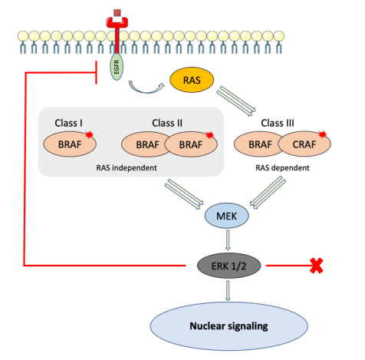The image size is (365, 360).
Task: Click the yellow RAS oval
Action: point(192,80)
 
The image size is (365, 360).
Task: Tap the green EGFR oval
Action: point(117,67)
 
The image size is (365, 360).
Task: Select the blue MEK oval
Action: point(226,216)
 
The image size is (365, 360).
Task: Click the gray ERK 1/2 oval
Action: point(229,266)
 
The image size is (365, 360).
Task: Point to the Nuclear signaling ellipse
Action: point(229,326)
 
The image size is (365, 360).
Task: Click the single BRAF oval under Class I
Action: point(70,144)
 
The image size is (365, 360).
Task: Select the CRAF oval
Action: point(304,144)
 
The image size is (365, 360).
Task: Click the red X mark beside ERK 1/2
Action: point(317,266)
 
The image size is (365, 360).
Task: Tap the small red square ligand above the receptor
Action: point(117,13)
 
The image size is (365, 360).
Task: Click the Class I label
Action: point(68,123)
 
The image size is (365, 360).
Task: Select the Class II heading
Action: point(167,123)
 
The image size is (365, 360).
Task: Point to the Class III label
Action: point(278,123)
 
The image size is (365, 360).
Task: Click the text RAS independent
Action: point(127,168)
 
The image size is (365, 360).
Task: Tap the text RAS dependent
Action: point(282,168)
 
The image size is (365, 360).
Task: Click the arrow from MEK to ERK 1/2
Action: point(228,240)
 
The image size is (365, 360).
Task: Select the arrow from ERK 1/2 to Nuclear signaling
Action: point(228,290)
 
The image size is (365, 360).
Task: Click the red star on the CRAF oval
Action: point(323,134)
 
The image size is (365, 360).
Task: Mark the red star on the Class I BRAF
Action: point(89,134)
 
